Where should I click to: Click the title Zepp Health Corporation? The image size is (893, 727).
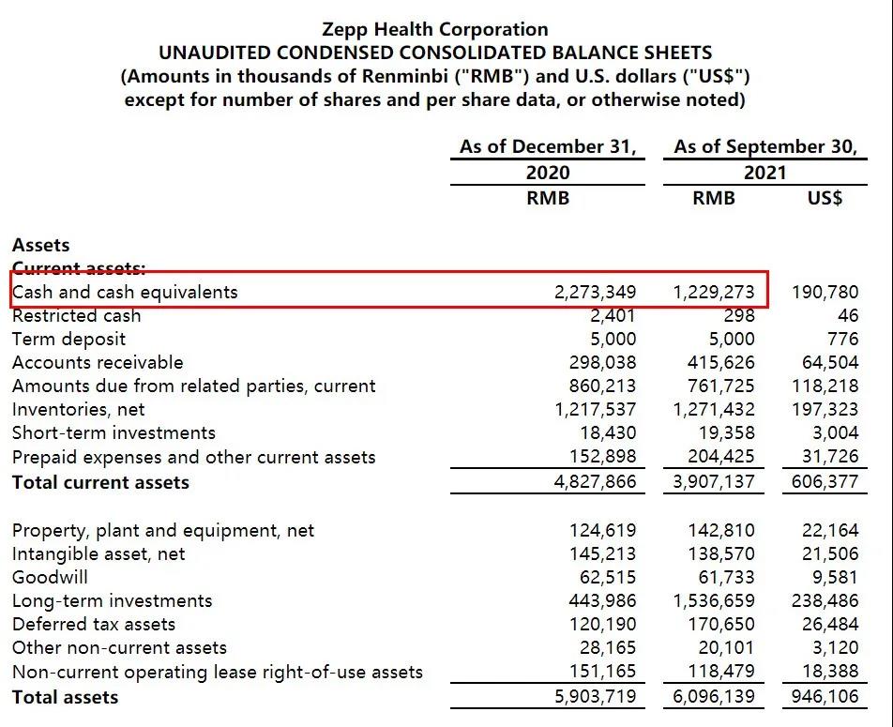[434, 29]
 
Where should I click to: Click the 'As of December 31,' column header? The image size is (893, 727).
[548, 146]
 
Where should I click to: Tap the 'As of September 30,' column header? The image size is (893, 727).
[765, 146]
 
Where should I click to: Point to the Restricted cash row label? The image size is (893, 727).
[76, 316]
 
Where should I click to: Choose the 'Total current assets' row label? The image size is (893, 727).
[100, 482]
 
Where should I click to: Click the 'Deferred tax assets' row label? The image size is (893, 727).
[94, 624]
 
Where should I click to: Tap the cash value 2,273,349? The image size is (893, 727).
[595, 292]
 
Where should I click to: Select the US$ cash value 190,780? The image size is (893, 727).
[825, 292]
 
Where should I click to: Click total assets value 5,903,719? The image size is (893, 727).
[595, 697]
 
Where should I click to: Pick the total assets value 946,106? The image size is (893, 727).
[825, 697]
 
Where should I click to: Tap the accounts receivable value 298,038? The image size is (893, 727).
[602, 362]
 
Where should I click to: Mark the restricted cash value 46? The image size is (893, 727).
[848, 316]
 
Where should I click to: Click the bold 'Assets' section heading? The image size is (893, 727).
[40, 245]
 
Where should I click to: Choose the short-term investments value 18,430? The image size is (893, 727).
[608, 432]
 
